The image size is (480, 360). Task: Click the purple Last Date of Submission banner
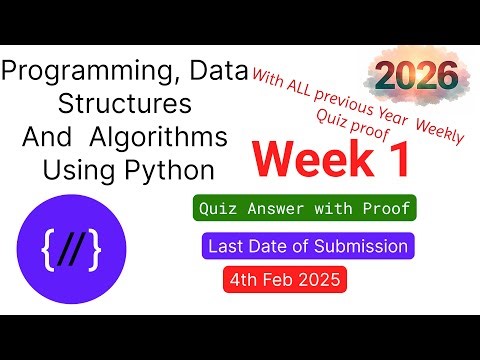(307, 246)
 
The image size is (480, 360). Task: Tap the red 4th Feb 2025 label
(285, 280)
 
